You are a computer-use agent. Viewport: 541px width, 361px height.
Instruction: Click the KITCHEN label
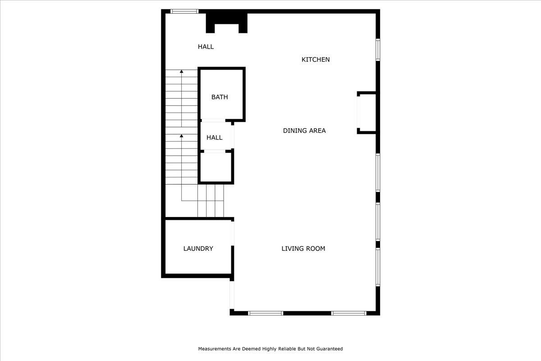[x=316, y=60]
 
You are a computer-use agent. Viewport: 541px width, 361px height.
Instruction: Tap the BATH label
[x=220, y=97]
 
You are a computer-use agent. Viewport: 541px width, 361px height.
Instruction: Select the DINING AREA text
[x=304, y=131]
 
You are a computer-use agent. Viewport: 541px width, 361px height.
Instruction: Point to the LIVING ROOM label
[x=303, y=249]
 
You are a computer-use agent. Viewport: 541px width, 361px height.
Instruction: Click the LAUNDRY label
[x=198, y=249]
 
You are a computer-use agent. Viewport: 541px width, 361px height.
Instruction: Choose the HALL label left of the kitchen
[x=206, y=46]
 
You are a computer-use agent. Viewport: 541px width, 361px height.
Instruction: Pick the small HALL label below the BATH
[x=215, y=138]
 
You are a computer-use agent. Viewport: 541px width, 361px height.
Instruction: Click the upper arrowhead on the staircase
[x=182, y=71]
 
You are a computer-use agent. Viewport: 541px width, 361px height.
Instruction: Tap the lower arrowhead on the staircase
[x=182, y=135]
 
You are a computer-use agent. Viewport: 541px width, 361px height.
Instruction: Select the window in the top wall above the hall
[x=184, y=11]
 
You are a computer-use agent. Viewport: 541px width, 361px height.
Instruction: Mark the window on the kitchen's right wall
[x=378, y=50]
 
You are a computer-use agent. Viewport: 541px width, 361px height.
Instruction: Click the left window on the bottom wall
[x=266, y=313]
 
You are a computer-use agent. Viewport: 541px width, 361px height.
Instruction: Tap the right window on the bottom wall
[x=348, y=313]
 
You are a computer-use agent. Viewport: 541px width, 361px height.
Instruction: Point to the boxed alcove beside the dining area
[x=367, y=113]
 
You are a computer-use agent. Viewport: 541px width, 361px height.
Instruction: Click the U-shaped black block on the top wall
[x=227, y=21]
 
